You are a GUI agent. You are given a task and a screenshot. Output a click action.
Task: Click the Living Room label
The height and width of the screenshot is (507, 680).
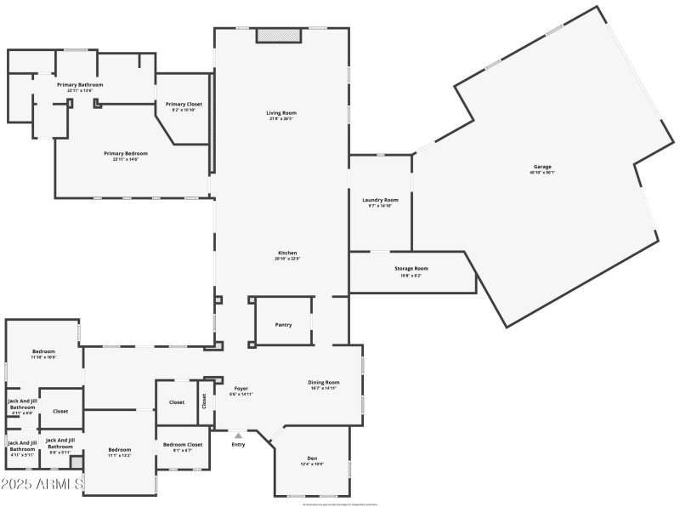click(280, 112)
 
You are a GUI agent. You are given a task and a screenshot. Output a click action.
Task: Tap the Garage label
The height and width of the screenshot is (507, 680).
click(541, 166)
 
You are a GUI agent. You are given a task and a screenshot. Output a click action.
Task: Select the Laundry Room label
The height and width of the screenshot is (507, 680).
click(379, 200)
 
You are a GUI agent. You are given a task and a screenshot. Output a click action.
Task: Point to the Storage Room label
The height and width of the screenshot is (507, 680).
click(411, 268)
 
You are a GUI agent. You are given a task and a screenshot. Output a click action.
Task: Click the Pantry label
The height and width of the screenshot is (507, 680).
click(283, 325)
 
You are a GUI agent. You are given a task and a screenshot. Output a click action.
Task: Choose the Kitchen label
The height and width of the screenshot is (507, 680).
click(287, 253)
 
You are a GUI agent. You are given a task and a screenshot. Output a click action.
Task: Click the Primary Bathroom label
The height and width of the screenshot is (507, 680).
click(80, 85)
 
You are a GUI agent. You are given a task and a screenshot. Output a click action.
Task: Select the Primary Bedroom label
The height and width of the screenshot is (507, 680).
click(126, 153)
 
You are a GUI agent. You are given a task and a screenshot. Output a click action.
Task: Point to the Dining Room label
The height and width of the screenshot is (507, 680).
click(324, 382)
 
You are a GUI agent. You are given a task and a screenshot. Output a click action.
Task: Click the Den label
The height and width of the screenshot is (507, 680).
click(312, 459)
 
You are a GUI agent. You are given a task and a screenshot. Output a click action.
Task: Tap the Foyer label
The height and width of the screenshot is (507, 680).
click(241, 388)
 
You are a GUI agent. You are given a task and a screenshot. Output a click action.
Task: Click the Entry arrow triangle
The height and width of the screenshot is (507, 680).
click(238, 436)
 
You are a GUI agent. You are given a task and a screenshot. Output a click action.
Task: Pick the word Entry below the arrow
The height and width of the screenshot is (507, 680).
click(238, 444)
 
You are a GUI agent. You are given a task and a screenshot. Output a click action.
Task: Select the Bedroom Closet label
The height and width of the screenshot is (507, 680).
click(183, 444)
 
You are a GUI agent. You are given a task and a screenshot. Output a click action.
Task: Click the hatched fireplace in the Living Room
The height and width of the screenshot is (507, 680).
click(279, 36)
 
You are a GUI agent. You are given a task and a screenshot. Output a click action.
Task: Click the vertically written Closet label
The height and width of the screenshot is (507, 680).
click(204, 401)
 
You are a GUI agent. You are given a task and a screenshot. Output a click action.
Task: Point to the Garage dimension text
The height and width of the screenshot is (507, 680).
click(541, 173)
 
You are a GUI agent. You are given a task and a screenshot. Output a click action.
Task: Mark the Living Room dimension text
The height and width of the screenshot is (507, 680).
click(280, 119)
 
